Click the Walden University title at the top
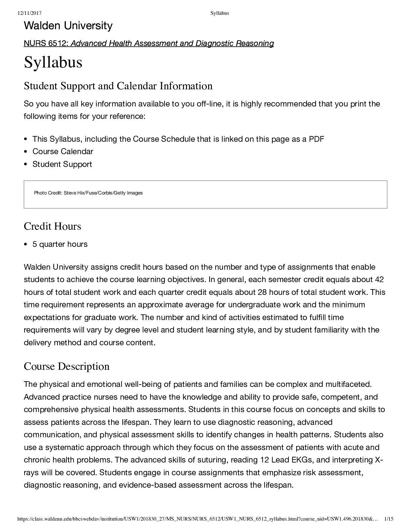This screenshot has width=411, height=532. [x=68, y=26]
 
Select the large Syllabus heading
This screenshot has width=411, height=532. [x=53, y=62]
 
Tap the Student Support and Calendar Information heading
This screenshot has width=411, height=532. [x=118, y=86]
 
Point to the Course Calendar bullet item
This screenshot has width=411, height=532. [x=63, y=151]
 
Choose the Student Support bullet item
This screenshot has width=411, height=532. [x=62, y=164]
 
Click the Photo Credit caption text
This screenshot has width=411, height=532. [x=88, y=193]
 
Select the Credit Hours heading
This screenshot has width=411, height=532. [x=52, y=226]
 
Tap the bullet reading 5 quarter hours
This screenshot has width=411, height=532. [x=60, y=244]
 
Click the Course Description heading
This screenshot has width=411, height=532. [x=66, y=366]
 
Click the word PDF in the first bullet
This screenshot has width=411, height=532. [x=316, y=139]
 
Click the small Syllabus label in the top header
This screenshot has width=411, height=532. [x=220, y=13]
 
